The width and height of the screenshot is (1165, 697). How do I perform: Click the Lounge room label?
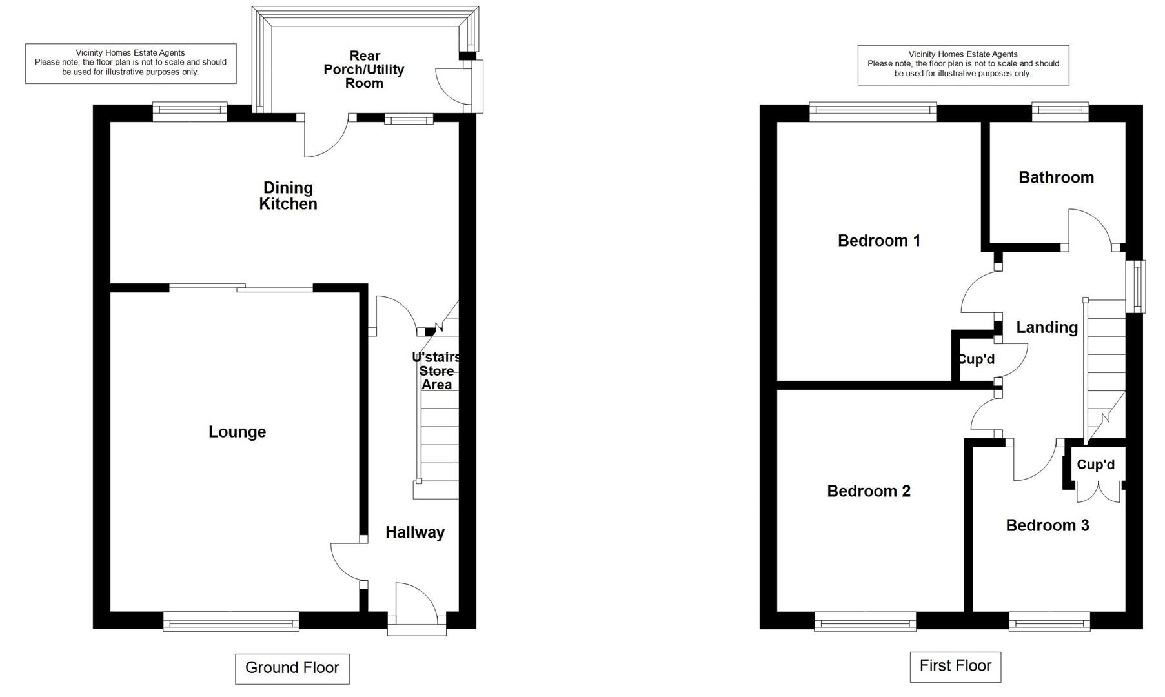237,432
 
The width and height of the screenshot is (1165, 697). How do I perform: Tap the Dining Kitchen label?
288,196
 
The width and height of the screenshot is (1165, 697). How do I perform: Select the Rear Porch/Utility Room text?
364,69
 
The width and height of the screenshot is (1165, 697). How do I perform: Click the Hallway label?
415,532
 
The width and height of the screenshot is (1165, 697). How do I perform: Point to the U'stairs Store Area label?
436,371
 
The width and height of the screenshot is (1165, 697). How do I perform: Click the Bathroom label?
1056,177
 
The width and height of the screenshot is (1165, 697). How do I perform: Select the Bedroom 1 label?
878,241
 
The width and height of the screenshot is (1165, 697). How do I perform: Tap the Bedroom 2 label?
868,491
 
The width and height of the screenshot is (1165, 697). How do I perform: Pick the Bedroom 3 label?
1047,525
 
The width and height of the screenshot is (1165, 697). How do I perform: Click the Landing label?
1046,328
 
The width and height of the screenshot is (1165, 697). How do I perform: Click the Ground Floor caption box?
292,668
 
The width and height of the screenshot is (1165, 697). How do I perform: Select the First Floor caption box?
955,666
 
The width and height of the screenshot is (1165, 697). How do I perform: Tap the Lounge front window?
231,623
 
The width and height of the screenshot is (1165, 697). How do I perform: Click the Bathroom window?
1060,111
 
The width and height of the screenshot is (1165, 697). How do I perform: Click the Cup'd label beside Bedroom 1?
977,359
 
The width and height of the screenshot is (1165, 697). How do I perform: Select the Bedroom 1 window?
872,111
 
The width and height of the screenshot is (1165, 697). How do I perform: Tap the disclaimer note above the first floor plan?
962,65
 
